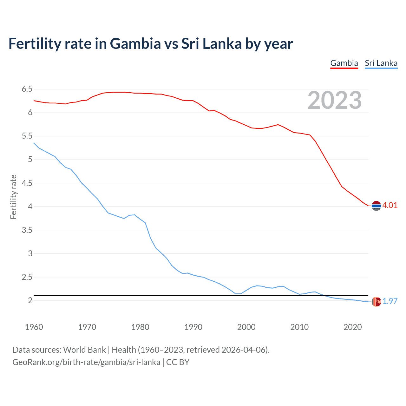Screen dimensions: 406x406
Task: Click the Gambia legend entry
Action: pos(344,63)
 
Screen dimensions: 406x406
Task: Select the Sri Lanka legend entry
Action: pos(381,63)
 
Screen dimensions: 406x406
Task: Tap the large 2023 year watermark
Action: pos(334,100)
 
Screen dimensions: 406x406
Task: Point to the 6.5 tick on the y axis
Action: pos(27,89)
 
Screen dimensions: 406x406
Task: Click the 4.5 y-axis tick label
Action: pos(27,183)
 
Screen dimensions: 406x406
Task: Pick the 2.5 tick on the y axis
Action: pos(27,277)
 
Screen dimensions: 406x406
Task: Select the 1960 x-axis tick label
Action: pos(34,327)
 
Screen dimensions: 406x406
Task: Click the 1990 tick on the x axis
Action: pos(193,327)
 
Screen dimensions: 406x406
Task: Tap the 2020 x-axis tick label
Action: pos(352,327)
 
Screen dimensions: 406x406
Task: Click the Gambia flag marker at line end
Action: pos(376,206)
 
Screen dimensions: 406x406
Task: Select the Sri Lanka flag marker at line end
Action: pos(376,302)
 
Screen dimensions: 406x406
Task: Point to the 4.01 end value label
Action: pos(390,205)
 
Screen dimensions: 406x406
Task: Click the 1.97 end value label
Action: pos(390,301)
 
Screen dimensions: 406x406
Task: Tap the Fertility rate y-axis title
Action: pos(13,197)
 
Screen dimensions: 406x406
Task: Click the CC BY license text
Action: pos(178,362)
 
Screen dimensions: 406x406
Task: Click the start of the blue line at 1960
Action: pos(34,143)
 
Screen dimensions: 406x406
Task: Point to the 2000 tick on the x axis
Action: pos(246,327)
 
